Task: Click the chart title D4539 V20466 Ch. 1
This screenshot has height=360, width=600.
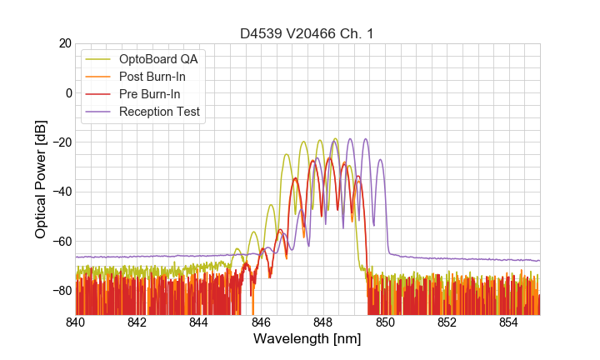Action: [307, 33]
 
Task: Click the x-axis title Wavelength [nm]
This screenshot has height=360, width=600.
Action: [307, 339]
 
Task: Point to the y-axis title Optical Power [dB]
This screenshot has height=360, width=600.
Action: [41, 178]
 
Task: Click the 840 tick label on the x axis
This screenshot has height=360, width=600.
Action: [76, 322]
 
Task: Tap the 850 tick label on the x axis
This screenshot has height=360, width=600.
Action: [385, 322]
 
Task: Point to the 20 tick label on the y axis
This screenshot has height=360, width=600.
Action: [64, 43]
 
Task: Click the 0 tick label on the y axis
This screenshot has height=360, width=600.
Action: [67, 92]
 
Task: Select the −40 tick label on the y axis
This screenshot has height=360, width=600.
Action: [60, 192]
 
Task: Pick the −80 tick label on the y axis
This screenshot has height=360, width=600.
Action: [60, 290]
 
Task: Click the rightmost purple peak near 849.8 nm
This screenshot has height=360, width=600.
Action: [380, 160]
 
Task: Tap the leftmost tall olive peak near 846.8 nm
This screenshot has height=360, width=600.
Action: [287, 154]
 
